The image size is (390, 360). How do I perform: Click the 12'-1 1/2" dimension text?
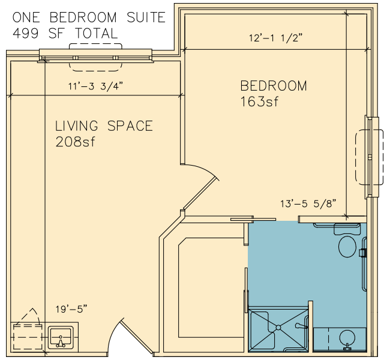275,38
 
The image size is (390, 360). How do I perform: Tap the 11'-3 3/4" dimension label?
96,86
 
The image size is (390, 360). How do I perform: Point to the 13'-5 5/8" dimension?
308,204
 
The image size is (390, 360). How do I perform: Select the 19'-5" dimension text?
71,309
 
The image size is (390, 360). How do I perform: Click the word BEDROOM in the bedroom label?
274,86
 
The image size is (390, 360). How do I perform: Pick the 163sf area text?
259,101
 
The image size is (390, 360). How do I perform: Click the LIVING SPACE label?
104,126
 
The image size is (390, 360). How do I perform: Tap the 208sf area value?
75,142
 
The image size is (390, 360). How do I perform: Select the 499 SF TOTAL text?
65,34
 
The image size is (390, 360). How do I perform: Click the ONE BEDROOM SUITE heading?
89,17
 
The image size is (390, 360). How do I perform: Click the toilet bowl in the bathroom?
347,247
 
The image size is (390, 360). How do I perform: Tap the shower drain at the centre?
278,328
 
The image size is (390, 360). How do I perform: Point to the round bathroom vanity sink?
347,337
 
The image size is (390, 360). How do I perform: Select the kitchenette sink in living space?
61,337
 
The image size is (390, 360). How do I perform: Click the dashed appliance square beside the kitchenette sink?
28,337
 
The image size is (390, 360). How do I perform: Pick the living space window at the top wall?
95,58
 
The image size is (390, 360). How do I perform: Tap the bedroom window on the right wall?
371,157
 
